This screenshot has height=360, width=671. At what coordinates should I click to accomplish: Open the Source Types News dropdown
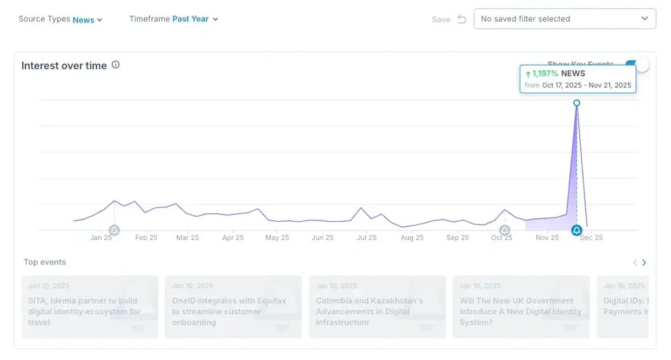tap(87, 20)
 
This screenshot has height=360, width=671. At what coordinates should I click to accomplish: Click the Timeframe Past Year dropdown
tap(195, 19)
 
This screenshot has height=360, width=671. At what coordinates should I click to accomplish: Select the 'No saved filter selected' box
tap(564, 19)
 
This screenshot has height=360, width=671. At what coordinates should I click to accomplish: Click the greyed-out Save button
tap(441, 20)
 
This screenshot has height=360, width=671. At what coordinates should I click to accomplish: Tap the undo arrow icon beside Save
tap(462, 19)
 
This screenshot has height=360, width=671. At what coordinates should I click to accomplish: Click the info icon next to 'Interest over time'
tap(116, 65)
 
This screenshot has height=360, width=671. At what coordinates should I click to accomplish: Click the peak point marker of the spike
tap(576, 103)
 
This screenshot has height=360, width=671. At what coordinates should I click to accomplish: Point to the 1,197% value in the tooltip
tap(545, 73)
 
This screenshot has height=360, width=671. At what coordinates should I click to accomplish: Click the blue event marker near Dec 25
tap(576, 231)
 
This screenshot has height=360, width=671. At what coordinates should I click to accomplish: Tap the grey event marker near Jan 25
tap(114, 231)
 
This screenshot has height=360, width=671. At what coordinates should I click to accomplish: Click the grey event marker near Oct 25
tap(505, 231)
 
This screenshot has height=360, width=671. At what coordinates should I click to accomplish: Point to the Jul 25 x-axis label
tap(367, 238)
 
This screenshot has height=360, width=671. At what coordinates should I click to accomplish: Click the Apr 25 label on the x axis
tap(233, 238)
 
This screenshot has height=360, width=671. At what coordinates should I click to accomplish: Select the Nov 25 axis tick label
tap(547, 238)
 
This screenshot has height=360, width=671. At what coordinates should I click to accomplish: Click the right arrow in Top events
tap(644, 263)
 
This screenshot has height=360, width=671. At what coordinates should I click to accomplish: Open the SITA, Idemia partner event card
tap(89, 306)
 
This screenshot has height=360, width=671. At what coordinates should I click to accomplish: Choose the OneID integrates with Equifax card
tap(233, 306)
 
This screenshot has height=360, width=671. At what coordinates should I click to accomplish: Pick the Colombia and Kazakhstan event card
tap(377, 306)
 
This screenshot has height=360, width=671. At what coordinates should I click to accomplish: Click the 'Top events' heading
tap(45, 263)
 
